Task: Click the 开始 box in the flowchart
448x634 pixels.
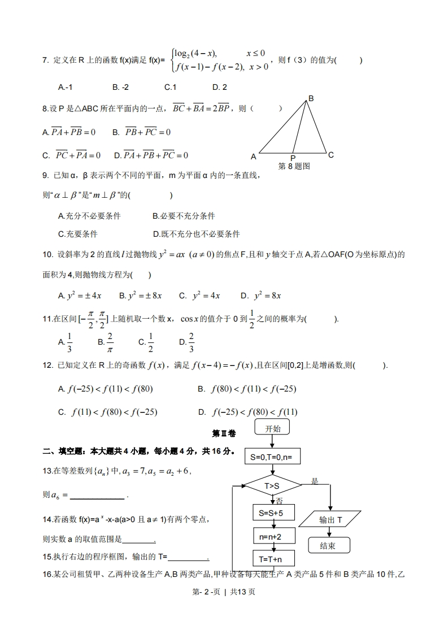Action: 272,428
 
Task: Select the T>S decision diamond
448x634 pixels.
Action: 272,485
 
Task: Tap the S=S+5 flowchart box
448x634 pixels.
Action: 273,513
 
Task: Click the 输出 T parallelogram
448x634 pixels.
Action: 330,519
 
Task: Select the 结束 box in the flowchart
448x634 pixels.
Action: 329,545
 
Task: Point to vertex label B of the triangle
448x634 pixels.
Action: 310,98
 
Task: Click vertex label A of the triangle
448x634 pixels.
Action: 254,157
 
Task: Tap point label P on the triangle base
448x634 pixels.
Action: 293,158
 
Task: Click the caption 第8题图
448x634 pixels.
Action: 294,166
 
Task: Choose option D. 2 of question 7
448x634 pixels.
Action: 220,87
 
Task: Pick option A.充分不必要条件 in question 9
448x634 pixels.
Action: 89,216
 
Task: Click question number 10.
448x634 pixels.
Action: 47,255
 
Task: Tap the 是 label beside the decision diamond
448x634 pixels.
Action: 315,481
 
